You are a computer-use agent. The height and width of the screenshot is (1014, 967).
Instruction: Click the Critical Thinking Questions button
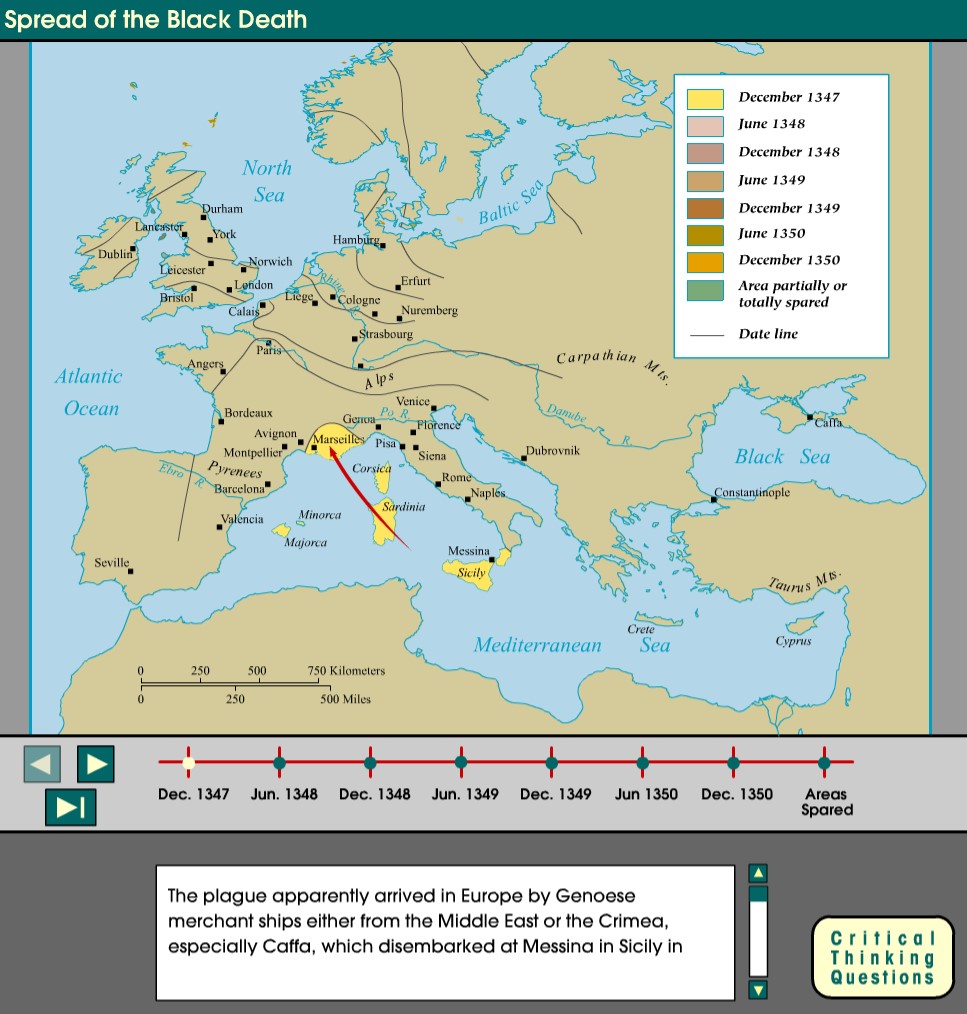(x=882, y=957)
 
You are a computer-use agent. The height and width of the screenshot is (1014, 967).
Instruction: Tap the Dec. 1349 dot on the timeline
(x=551, y=762)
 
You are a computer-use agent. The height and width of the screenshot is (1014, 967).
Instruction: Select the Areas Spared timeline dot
(x=824, y=762)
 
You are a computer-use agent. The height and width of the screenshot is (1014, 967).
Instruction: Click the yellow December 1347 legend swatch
(x=704, y=99)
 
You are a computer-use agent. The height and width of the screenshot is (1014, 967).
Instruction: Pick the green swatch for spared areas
(x=704, y=292)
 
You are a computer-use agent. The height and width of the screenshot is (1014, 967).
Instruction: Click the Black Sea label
(x=782, y=457)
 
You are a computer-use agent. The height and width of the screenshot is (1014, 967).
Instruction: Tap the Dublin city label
(x=114, y=254)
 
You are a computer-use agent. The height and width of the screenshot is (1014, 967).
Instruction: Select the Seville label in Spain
(x=112, y=562)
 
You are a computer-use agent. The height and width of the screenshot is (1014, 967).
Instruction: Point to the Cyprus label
(x=793, y=641)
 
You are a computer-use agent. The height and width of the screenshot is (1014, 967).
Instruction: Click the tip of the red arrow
(x=323, y=432)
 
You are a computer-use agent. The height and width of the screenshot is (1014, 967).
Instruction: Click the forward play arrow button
(x=96, y=764)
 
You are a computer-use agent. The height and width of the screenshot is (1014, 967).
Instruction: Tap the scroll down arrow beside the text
(x=758, y=989)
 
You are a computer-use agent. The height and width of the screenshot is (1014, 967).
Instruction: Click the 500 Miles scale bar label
(x=345, y=699)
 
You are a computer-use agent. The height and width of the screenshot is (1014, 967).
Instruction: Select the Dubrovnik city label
(x=553, y=451)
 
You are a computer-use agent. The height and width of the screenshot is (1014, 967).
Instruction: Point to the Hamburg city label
(x=356, y=240)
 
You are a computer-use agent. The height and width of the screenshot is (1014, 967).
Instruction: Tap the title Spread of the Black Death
(x=155, y=20)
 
